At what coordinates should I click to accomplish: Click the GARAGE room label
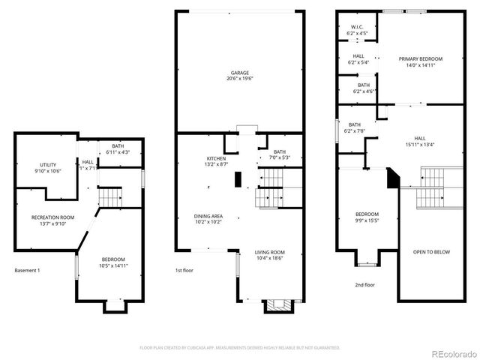[240, 73]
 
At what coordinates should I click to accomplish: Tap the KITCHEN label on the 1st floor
[216, 159]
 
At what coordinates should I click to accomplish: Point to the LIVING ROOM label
[269, 252]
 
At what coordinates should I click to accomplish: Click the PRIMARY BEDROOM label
[420, 58]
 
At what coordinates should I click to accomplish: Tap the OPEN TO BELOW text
[431, 252]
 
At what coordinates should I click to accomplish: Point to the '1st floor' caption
[184, 270]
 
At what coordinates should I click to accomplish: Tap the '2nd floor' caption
[364, 284]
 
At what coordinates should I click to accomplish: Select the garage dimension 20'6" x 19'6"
[240, 79]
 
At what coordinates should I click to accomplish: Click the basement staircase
[110, 197]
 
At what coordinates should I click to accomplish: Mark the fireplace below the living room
[274, 305]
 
